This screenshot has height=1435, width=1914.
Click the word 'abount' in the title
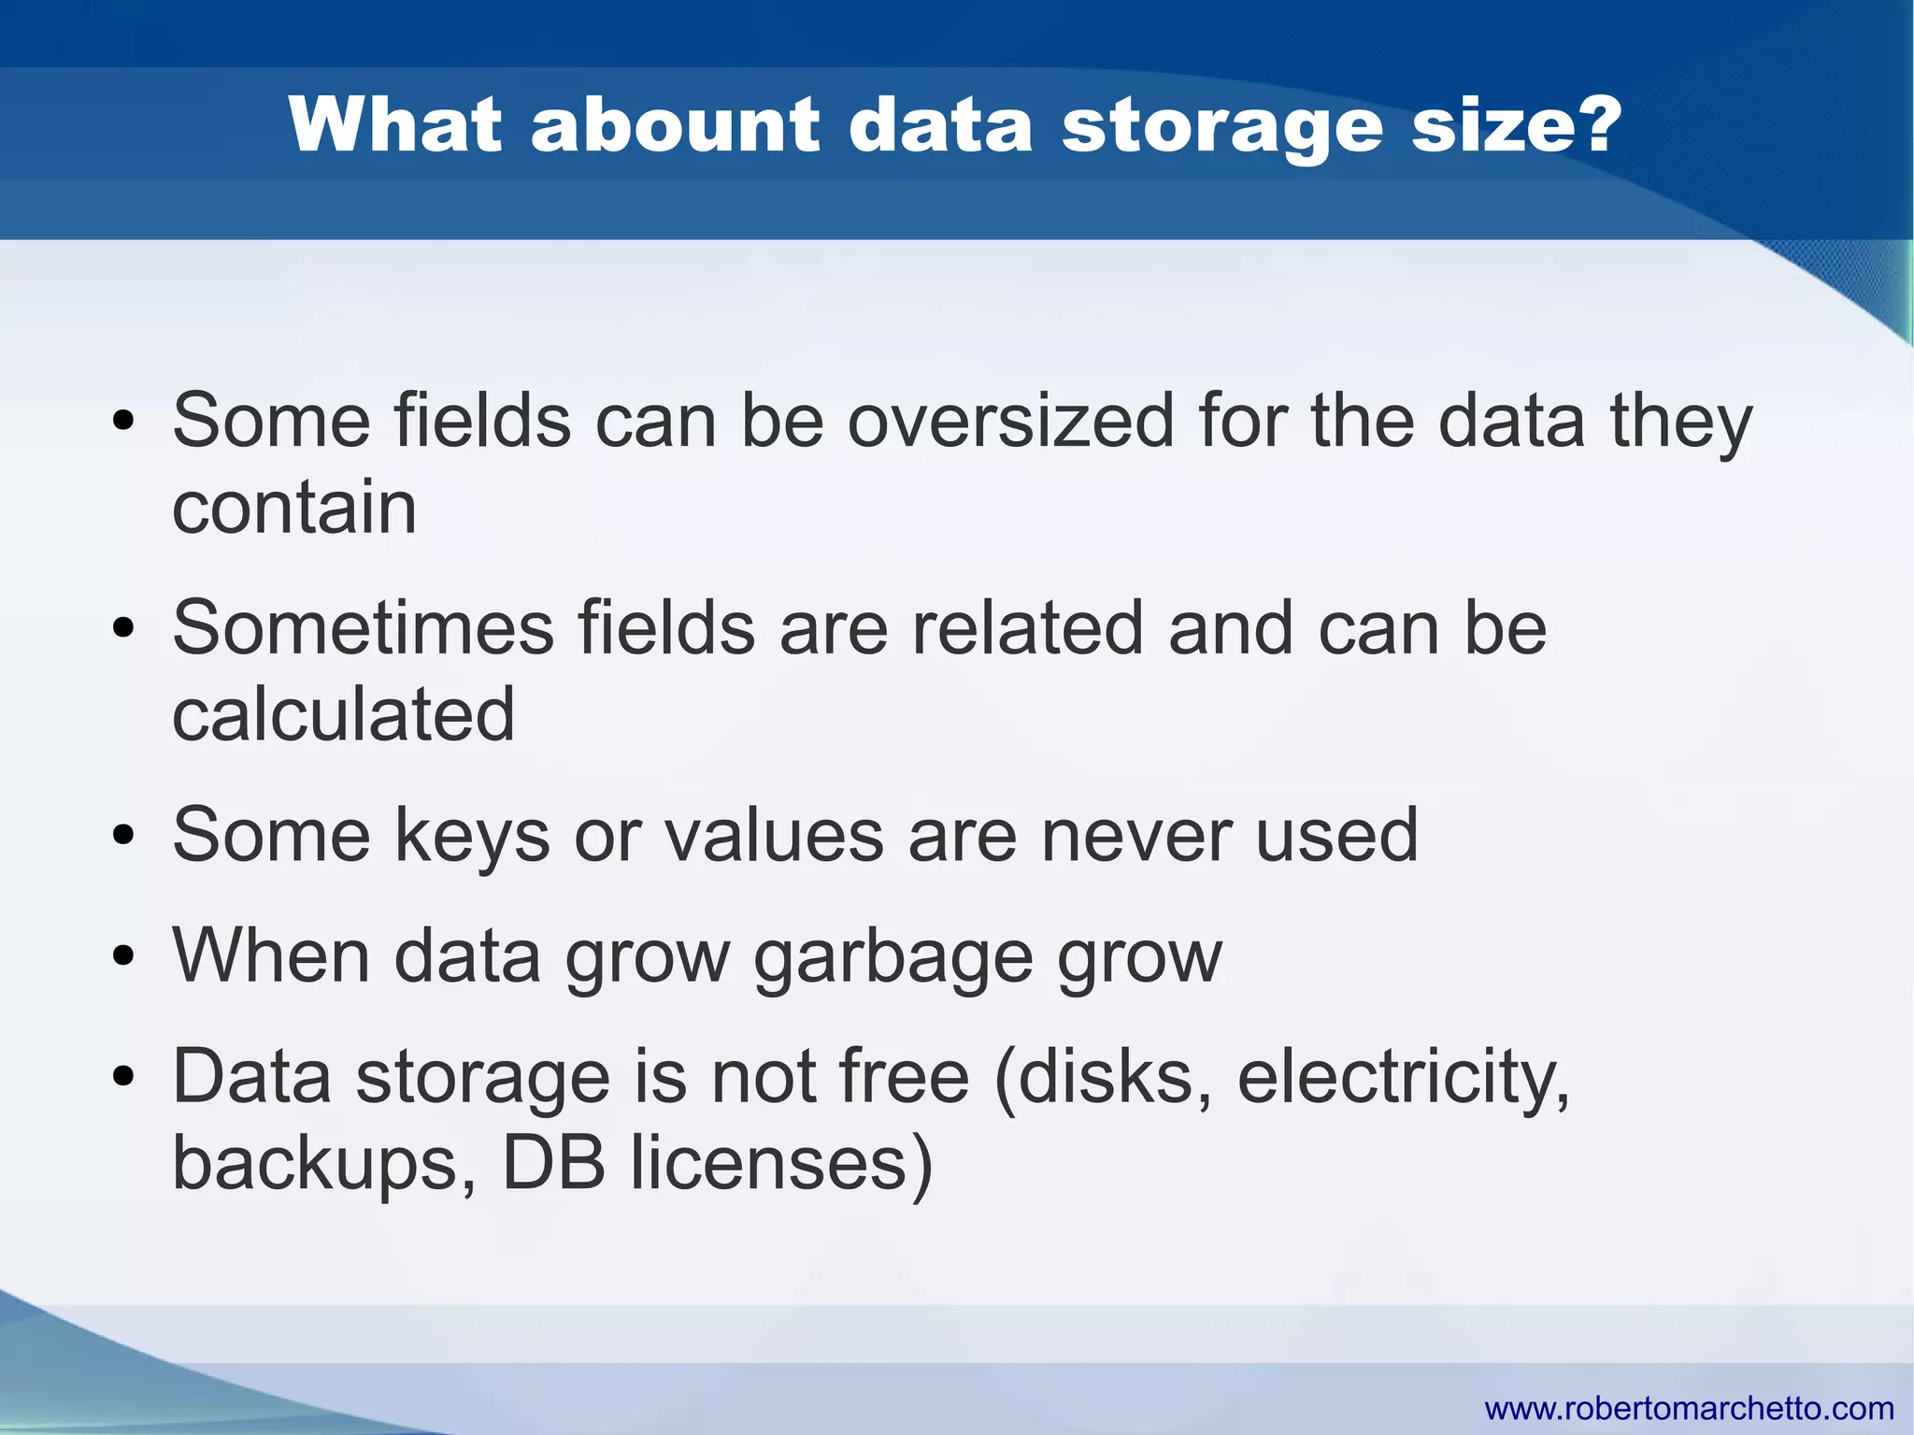[x=675, y=124]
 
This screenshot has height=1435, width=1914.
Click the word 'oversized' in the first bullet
[x=1010, y=421]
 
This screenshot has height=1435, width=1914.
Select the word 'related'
[x=1027, y=627]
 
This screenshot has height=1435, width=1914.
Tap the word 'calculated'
[x=343, y=714]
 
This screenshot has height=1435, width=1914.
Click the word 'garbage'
[x=893, y=957]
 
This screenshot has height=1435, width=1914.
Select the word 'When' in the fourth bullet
[x=271, y=955]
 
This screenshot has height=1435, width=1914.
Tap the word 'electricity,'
[x=1403, y=1077]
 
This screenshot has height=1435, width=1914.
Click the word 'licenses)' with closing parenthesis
[x=781, y=1164]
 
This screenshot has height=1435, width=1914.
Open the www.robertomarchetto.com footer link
[x=1689, y=1408]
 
